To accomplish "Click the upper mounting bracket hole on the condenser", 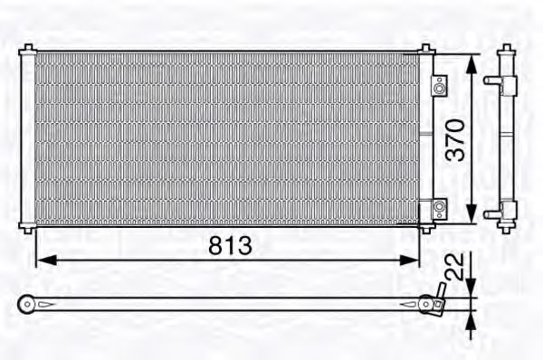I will point(439,88).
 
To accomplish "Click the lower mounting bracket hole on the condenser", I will point(439,207).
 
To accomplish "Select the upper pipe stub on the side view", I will point(491,81).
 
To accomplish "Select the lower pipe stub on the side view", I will point(491,214).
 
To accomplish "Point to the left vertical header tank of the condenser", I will point(28,136).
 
